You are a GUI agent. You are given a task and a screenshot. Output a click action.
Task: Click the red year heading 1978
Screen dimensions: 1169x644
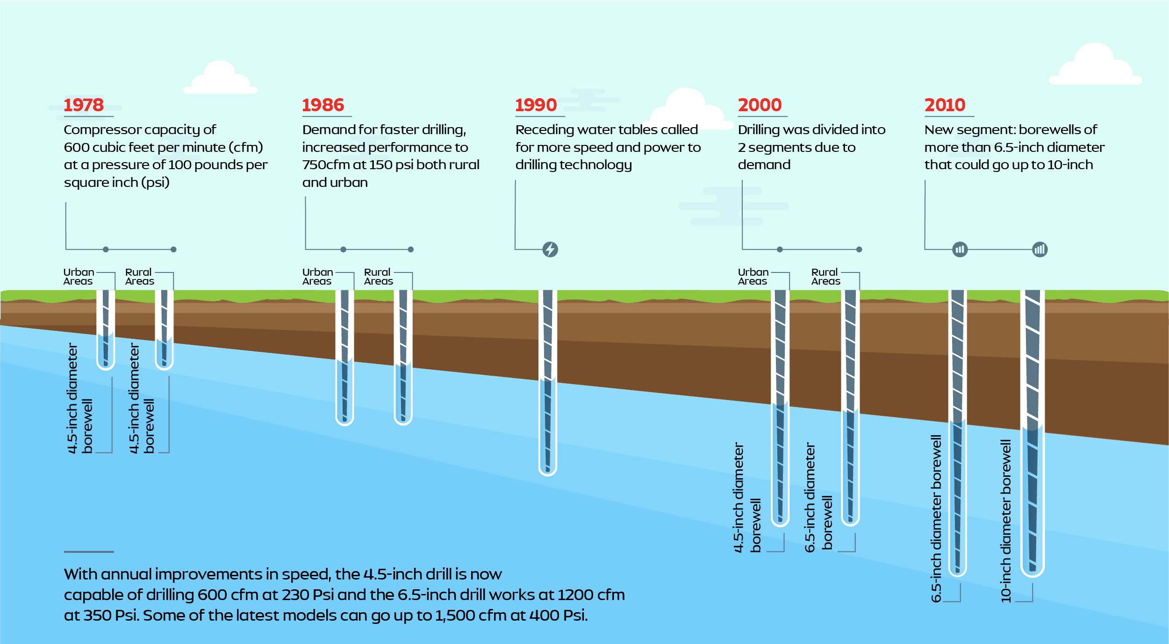pyautogui.click(x=84, y=105)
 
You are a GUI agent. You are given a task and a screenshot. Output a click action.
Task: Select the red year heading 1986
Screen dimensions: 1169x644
pyautogui.click(x=323, y=105)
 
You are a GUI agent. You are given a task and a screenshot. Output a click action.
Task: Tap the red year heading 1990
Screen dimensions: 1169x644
pyautogui.click(x=536, y=105)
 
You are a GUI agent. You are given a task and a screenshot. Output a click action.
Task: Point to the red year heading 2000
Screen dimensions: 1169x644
pyautogui.click(x=760, y=105)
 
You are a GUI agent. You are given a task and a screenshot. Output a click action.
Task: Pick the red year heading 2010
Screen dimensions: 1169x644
pyautogui.click(x=945, y=105)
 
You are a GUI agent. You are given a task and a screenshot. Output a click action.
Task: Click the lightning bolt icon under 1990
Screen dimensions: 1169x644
pyautogui.click(x=550, y=250)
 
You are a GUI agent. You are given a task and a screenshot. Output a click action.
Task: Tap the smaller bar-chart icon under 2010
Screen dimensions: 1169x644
pyautogui.click(x=960, y=250)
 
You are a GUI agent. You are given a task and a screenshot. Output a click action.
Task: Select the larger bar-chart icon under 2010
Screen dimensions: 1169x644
pyautogui.click(x=1040, y=250)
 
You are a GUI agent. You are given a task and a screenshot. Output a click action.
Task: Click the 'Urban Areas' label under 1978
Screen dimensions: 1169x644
pyautogui.click(x=79, y=277)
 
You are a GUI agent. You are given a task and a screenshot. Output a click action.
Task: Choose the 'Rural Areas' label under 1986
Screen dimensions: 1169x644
pyautogui.click(x=378, y=277)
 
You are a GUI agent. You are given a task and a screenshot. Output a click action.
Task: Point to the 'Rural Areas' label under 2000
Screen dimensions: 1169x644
pyautogui.click(x=825, y=277)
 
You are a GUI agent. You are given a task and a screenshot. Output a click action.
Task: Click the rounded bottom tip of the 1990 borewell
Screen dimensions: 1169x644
pyautogui.click(x=547, y=474)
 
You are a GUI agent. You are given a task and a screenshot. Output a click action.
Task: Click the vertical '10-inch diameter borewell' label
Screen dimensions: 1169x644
pyautogui.click(x=1005, y=521)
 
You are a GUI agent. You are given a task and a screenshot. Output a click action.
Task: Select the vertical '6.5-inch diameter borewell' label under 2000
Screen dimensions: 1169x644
pyautogui.click(x=818, y=497)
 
